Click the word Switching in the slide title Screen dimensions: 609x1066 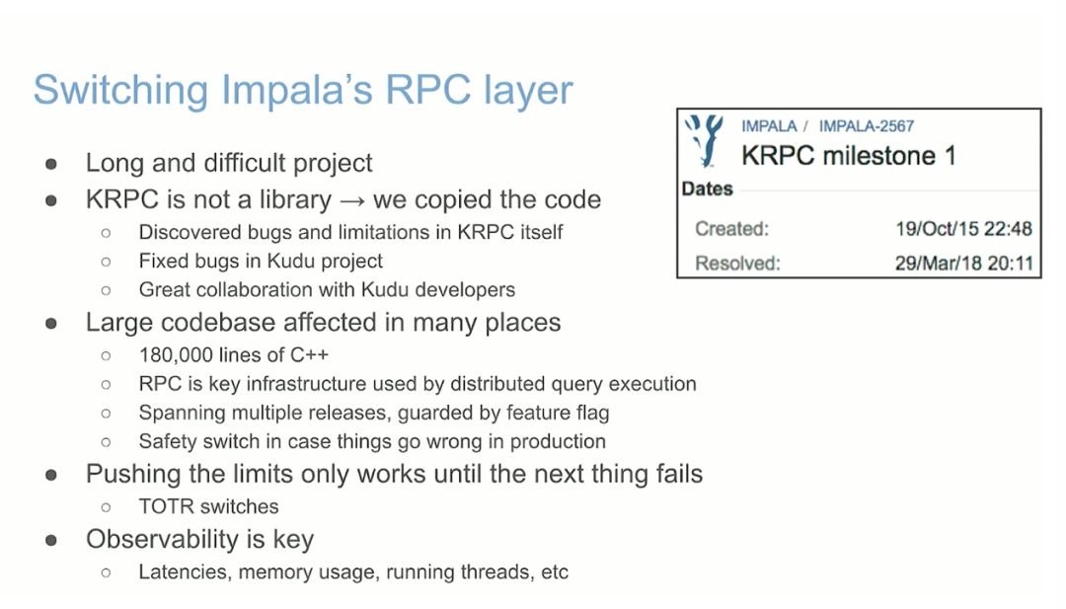119,91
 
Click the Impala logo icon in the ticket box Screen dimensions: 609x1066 704,139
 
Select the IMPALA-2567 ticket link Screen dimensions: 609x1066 866,126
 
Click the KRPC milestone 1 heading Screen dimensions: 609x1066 848,156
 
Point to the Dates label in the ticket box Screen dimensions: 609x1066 707,189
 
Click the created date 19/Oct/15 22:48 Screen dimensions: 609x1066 962,229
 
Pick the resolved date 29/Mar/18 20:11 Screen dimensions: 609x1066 962,264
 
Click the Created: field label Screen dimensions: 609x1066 731,229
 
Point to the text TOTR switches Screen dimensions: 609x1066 208,506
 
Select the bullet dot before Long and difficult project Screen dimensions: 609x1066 51,163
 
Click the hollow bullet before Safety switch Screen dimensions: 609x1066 107,441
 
